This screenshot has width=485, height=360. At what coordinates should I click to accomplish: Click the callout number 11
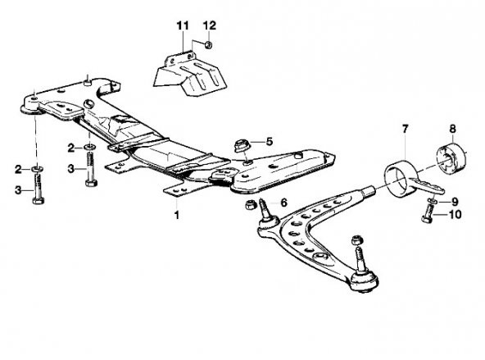tap(183, 25)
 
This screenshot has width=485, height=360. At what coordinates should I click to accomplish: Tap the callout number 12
tap(210, 25)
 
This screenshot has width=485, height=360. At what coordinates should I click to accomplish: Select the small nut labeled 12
tap(208, 45)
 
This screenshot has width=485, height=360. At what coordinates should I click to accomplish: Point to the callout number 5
tap(270, 142)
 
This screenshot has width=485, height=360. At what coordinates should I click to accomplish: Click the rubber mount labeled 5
tap(241, 146)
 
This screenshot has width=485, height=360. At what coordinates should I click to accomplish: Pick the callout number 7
tap(406, 129)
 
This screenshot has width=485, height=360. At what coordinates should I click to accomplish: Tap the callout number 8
tap(452, 129)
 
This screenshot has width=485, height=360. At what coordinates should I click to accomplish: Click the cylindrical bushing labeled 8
tap(451, 159)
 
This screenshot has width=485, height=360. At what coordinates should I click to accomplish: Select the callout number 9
tap(455, 202)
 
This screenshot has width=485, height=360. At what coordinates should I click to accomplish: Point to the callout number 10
tap(455, 214)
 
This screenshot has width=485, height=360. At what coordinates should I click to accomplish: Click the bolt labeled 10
tap(427, 215)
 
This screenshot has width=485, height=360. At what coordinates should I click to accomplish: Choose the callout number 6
tap(283, 203)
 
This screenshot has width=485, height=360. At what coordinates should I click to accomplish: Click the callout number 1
tap(177, 215)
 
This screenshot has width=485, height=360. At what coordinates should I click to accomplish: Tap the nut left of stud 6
tap(250, 205)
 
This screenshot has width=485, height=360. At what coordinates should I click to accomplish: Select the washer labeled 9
tap(432, 202)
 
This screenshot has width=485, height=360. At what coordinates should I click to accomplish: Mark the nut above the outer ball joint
tap(356, 240)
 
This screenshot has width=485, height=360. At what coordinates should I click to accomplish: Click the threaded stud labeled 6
tap(265, 209)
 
